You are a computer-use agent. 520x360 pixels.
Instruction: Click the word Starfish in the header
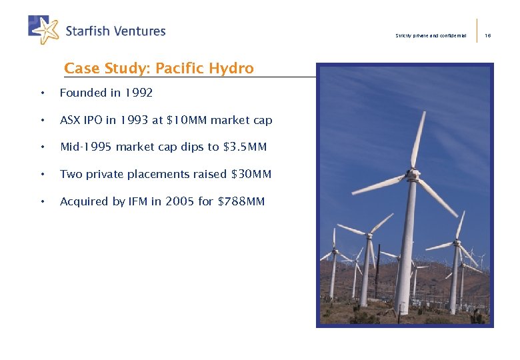87,31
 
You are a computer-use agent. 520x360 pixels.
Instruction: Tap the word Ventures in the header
139,31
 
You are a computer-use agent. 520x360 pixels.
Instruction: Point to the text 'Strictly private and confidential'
431,35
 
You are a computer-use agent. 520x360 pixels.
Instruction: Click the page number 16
487,35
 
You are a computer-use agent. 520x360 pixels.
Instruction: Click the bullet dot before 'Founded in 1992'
42,93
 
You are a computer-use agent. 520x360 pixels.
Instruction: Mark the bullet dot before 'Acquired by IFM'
42,201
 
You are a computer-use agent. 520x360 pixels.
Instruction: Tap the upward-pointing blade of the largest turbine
419,140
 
